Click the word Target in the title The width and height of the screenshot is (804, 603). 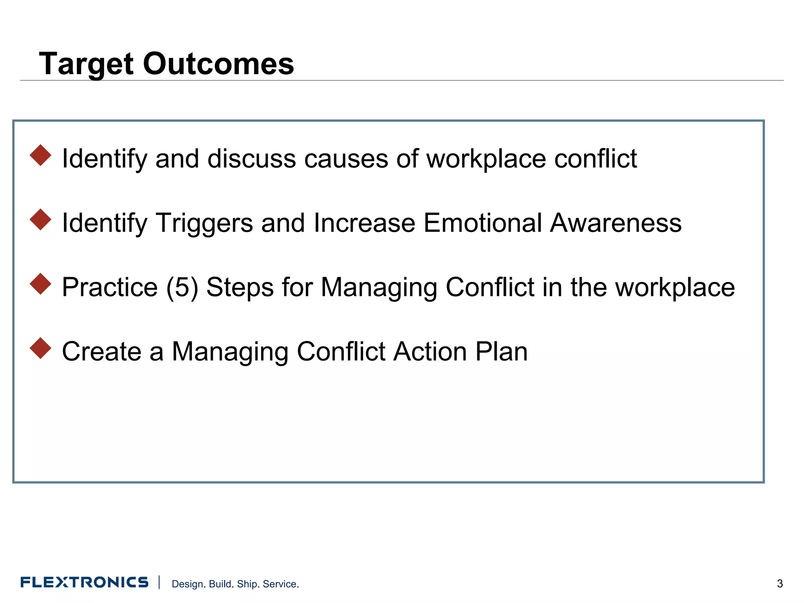pyautogui.click(x=86, y=64)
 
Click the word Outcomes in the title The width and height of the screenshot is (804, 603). pyautogui.click(x=218, y=64)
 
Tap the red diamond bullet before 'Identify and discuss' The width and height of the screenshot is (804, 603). pyautogui.click(x=40, y=155)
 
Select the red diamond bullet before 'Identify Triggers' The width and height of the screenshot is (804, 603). pyautogui.click(x=40, y=219)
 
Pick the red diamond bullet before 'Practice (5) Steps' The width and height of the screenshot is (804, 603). pyautogui.click(x=40, y=284)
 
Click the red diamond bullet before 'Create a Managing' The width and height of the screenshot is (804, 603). pyautogui.click(x=40, y=348)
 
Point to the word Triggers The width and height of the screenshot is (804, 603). pyautogui.click(x=204, y=223)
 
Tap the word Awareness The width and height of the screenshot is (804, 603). pyautogui.click(x=615, y=223)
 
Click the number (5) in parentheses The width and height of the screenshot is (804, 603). pyautogui.click(x=182, y=288)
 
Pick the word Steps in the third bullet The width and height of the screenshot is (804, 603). pyautogui.click(x=240, y=288)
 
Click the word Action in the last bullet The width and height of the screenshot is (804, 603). pyautogui.click(x=430, y=351)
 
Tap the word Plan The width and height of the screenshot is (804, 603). pyautogui.click(x=501, y=351)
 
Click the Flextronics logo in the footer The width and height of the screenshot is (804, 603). pyautogui.click(x=84, y=582)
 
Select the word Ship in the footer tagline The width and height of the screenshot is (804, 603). pyautogui.click(x=247, y=584)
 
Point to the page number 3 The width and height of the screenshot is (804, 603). pyautogui.click(x=780, y=584)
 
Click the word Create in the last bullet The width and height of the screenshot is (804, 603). pyautogui.click(x=102, y=351)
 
